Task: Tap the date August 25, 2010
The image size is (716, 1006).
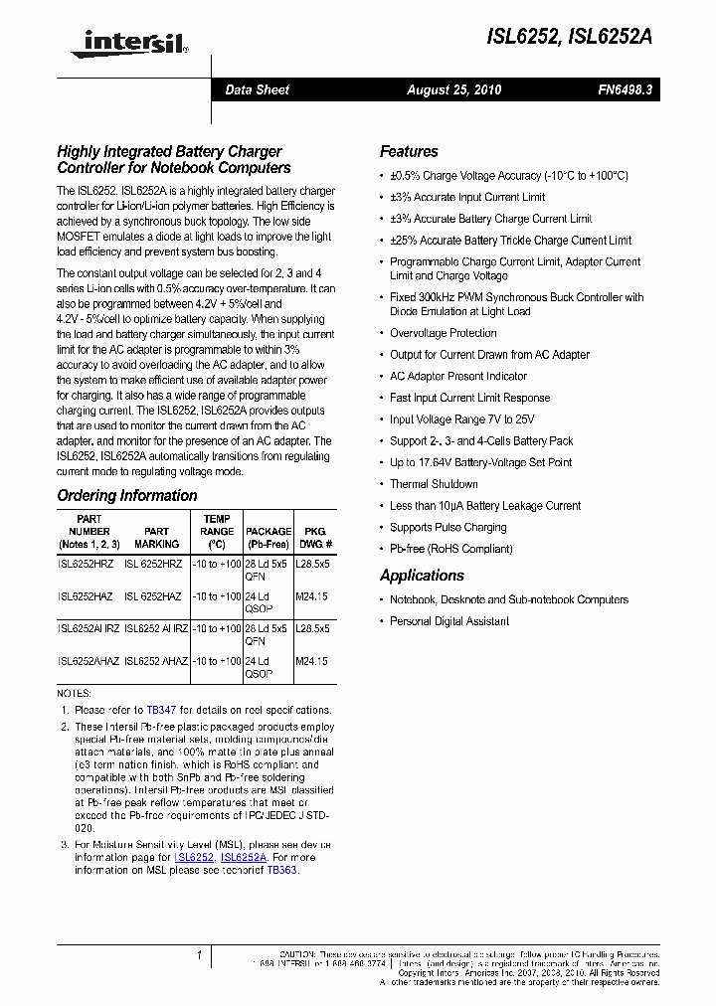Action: (x=453, y=90)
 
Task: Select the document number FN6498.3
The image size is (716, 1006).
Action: (x=626, y=90)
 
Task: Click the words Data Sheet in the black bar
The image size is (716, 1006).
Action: (x=257, y=90)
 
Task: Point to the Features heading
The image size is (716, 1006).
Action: (x=409, y=152)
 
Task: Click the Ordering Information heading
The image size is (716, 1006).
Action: (x=127, y=495)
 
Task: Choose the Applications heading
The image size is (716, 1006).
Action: (x=422, y=576)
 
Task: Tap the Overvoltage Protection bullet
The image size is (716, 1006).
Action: (x=443, y=333)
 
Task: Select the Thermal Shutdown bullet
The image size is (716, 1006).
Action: (x=434, y=484)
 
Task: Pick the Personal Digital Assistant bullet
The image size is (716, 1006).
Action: (x=449, y=621)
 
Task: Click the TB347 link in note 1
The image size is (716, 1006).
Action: (x=161, y=711)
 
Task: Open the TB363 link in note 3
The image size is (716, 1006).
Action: (x=281, y=870)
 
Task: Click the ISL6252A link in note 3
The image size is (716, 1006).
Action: (x=244, y=857)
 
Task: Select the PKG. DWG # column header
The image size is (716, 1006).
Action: (x=313, y=538)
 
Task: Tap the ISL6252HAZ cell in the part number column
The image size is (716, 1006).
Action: (x=86, y=596)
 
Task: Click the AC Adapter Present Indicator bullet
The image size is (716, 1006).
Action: (x=458, y=376)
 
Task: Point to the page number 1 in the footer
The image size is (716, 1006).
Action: (x=199, y=956)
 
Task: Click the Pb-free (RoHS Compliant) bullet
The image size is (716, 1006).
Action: (x=450, y=549)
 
